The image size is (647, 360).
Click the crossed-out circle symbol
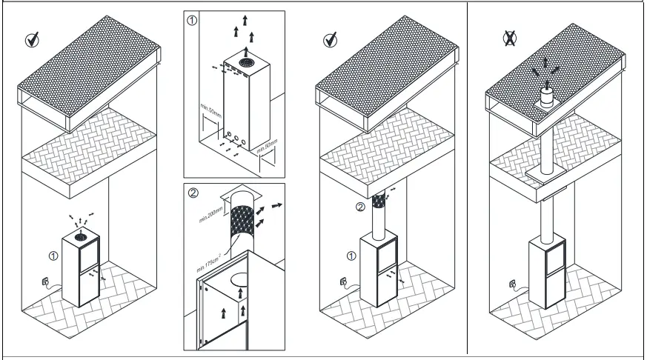tap(509, 39)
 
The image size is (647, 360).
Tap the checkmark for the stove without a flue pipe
tap(33, 40)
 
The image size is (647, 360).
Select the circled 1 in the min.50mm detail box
tap(192, 20)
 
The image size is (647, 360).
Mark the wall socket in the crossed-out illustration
tap(513, 282)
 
